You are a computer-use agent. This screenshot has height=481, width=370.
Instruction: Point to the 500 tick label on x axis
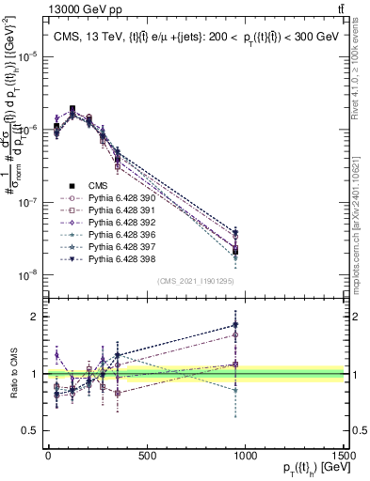coord(147,455)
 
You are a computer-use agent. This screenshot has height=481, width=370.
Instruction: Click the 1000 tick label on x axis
coord(245,455)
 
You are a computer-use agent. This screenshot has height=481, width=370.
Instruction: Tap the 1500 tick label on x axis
coord(343,455)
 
